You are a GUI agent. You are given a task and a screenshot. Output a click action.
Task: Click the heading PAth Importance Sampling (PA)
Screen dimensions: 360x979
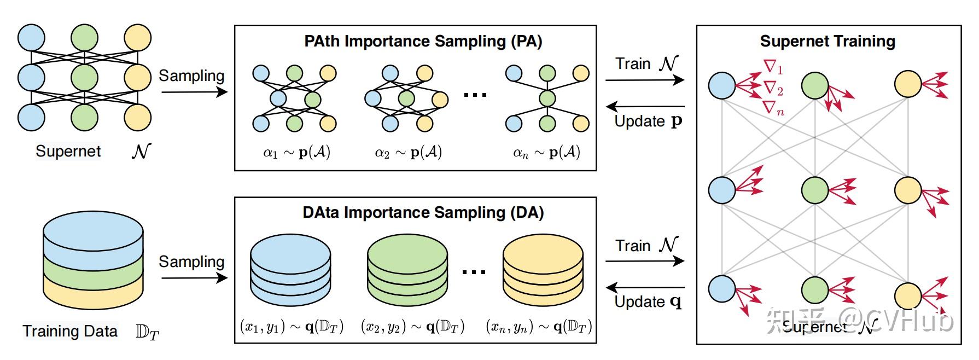pos(423,42)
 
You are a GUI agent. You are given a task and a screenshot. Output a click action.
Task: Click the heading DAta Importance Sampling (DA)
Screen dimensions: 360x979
pos(423,213)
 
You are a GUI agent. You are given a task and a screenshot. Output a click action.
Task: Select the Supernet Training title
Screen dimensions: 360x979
pos(828,42)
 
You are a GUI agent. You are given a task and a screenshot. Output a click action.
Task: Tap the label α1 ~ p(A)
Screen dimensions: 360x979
pos(296,153)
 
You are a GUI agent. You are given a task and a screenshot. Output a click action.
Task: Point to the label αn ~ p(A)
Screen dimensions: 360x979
pos(546,153)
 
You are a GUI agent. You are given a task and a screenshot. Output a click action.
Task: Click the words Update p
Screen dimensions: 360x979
pos(648,121)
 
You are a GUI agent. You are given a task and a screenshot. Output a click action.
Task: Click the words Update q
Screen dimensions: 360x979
pos(648,302)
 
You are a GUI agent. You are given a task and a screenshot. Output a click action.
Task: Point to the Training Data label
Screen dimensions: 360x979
pos(70,332)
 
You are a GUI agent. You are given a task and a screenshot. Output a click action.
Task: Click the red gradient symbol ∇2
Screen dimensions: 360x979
pos(773,88)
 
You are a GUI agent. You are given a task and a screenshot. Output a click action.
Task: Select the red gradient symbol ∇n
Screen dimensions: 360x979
pos(773,108)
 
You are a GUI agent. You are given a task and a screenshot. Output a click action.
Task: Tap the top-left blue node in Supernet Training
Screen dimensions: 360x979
pos(722,85)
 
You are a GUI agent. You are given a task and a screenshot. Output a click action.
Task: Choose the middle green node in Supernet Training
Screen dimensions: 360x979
pos(815,191)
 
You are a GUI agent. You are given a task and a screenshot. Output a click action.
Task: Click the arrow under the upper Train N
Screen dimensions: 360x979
pos(645,80)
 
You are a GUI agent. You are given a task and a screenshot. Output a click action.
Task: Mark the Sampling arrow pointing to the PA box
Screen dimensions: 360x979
pos(194,92)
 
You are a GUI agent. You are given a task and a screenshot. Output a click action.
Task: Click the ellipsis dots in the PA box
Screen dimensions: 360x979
pos(475,95)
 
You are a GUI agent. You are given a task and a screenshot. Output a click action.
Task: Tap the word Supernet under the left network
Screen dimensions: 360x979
pos(68,152)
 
